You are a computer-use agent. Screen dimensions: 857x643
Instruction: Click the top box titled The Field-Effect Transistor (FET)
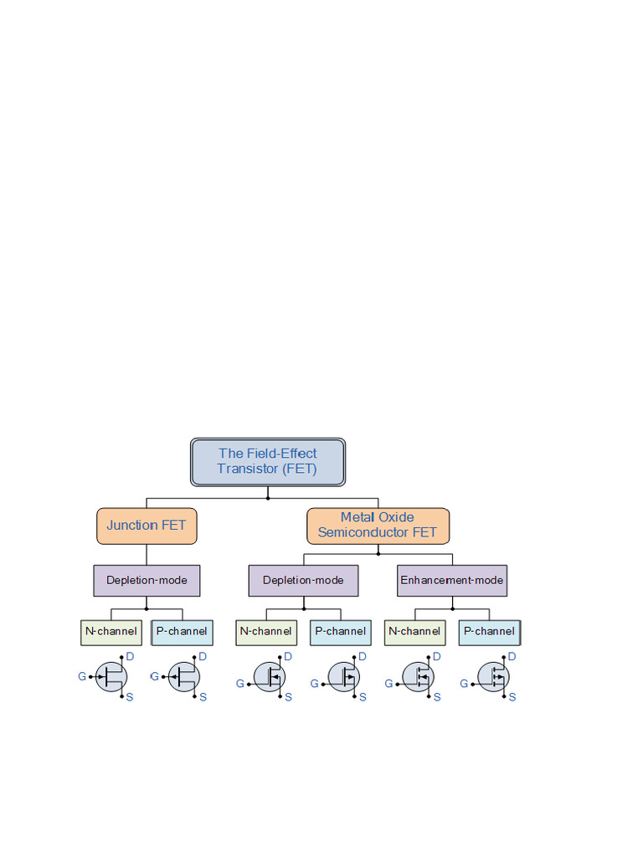pyautogui.click(x=268, y=461)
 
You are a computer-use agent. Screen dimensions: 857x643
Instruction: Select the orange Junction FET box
pyautogui.click(x=147, y=526)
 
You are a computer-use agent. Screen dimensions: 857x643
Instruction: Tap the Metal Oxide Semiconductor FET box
pyautogui.click(x=378, y=525)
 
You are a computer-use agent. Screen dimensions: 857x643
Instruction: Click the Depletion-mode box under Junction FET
pyautogui.click(x=147, y=580)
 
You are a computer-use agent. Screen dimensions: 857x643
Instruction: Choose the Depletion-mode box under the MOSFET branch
pyautogui.click(x=303, y=580)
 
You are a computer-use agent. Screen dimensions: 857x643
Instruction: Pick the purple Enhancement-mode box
pyautogui.click(x=452, y=580)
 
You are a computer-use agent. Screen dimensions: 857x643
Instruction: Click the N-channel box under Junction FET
pyautogui.click(x=111, y=631)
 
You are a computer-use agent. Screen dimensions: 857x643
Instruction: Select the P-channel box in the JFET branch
pyautogui.click(x=183, y=631)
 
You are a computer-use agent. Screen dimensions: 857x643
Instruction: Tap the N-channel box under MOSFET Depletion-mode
pyautogui.click(x=266, y=631)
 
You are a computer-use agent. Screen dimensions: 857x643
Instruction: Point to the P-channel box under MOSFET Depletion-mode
pyautogui.click(x=341, y=631)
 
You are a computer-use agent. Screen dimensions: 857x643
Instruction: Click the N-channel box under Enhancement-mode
pyautogui.click(x=414, y=631)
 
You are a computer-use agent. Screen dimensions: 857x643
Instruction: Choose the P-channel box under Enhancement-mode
pyautogui.click(x=490, y=631)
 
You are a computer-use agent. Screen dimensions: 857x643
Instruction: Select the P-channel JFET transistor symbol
pyautogui.click(x=183, y=676)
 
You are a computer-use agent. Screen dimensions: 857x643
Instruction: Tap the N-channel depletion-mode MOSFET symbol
pyautogui.click(x=270, y=676)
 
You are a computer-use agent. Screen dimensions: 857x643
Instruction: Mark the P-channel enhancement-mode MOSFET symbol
pyautogui.click(x=493, y=676)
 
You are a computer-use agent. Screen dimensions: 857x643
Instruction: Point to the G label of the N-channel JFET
pyautogui.click(x=82, y=676)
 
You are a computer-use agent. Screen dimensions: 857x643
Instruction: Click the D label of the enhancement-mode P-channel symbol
pyautogui.click(x=512, y=657)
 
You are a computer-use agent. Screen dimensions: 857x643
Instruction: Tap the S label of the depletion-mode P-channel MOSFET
pyautogui.click(x=363, y=697)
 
